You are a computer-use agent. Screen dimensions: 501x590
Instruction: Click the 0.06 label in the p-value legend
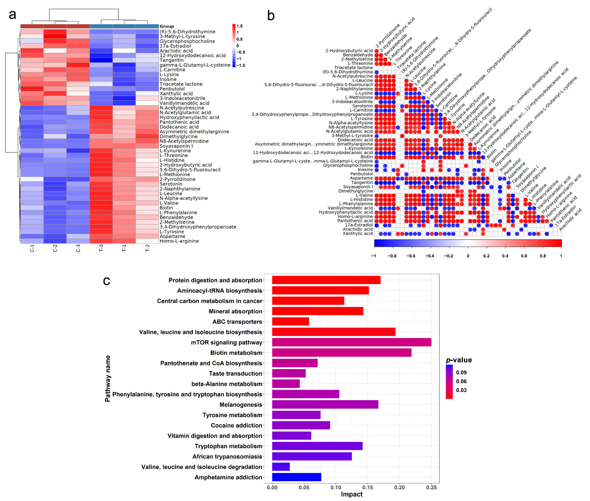tap(461, 381)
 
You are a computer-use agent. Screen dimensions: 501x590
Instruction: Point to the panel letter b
tap(271, 16)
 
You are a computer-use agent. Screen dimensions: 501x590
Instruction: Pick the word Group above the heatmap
tap(167, 26)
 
